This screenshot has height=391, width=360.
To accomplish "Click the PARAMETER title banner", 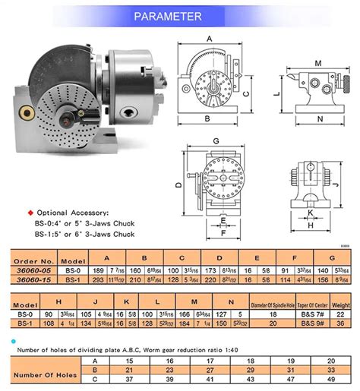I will click(x=180, y=16).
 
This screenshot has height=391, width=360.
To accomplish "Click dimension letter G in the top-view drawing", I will click(x=217, y=140).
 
